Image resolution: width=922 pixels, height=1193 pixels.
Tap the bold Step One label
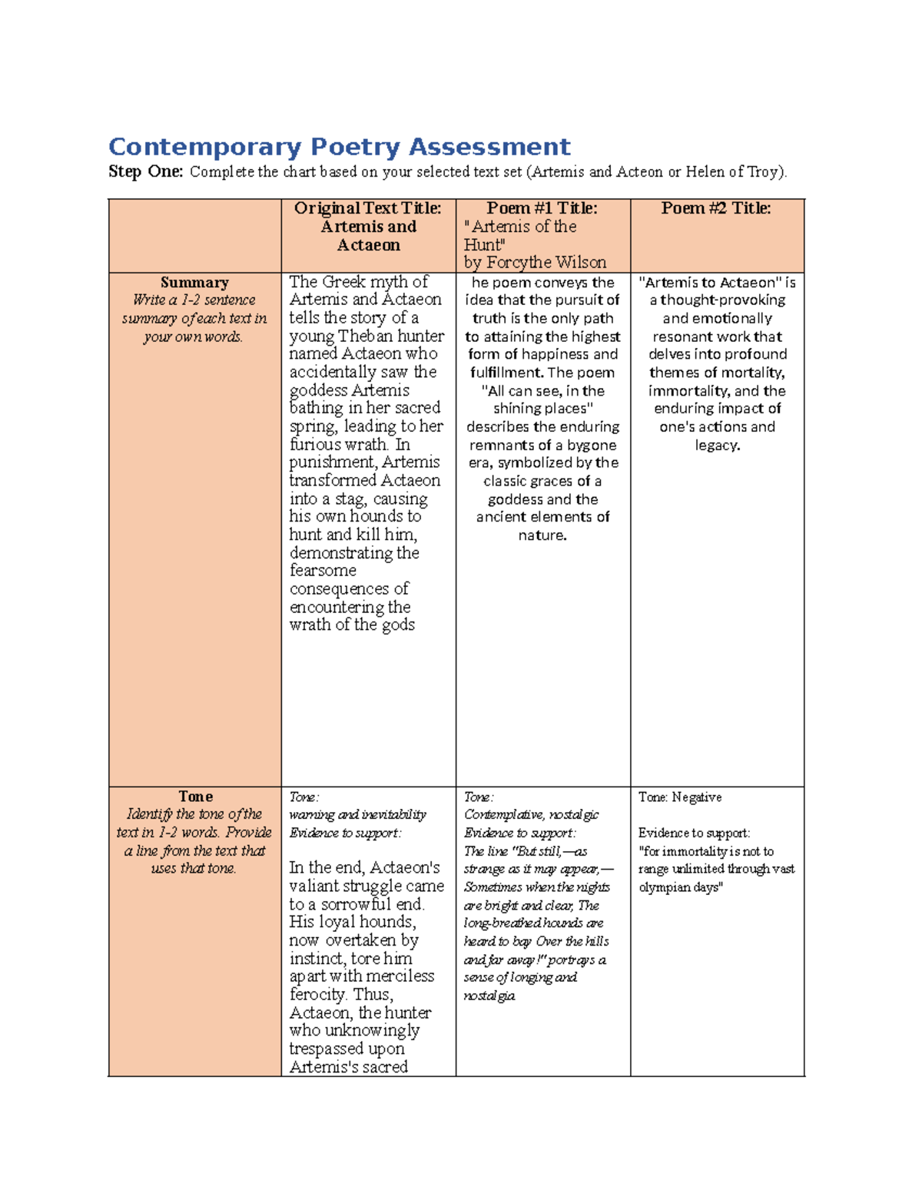[145, 171]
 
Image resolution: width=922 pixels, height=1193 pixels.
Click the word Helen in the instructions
[705, 171]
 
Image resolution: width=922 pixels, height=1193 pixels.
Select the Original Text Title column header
[368, 208]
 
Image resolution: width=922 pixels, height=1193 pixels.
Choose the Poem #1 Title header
[542, 208]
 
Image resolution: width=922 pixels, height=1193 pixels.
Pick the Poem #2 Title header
[716, 208]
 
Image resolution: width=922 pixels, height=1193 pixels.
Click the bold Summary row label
[194, 283]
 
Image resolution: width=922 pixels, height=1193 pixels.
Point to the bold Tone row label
[195, 797]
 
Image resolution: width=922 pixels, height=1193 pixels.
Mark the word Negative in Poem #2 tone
[697, 797]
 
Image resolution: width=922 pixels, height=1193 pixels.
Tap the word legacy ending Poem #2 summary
[716, 446]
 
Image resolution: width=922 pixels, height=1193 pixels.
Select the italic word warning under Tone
[311, 814]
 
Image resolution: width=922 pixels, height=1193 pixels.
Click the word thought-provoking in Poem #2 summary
[722, 300]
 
